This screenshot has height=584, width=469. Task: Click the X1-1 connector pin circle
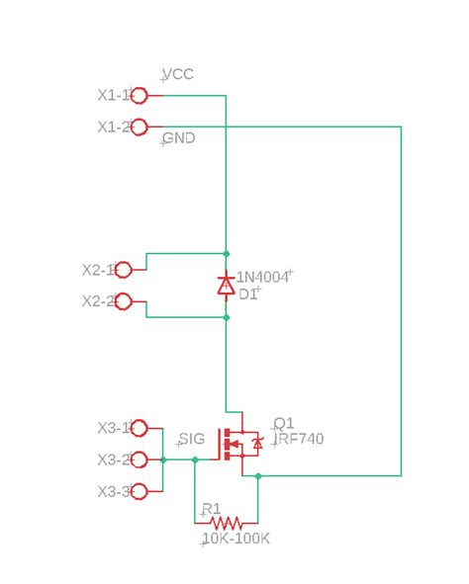pyautogui.click(x=140, y=96)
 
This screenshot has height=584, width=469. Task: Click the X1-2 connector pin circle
pyautogui.click(x=140, y=127)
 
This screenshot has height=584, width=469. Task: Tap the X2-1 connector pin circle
pyautogui.click(x=124, y=270)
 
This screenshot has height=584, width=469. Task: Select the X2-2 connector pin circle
pyautogui.click(x=124, y=301)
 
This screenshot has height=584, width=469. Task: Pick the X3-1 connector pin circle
pyautogui.click(x=140, y=428)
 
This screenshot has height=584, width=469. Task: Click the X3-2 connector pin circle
pyautogui.click(x=140, y=459)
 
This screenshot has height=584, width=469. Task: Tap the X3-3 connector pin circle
pyautogui.click(x=140, y=491)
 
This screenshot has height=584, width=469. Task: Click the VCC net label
pyautogui.click(x=178, y=75)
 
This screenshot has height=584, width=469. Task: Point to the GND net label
pyautogui.click(x=178, y=138)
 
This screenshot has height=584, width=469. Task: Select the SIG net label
pyautogui.click(x=191, y=439)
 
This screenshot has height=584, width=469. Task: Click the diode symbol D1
pyautogui.click(x=226, y=286)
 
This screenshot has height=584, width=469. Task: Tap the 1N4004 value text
pyautogui.click(x=262, y=278)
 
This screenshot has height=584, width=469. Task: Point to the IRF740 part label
pyautogui.click(x=299, y=439)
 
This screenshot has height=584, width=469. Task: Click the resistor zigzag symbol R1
pyautogui.click(x=226, y=523)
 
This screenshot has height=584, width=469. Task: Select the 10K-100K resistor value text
pyautogui.click(x=235, y=539)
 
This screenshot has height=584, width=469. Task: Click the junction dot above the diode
pyautogui.click(x=226, y=254)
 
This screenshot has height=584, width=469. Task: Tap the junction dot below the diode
pyautogui.click(x=226, y=317)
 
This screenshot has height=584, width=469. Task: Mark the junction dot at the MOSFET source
pyautogui.click(x=257, y=476)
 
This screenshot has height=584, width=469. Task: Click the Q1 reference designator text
pyautogui.click(x=284, y=423)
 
